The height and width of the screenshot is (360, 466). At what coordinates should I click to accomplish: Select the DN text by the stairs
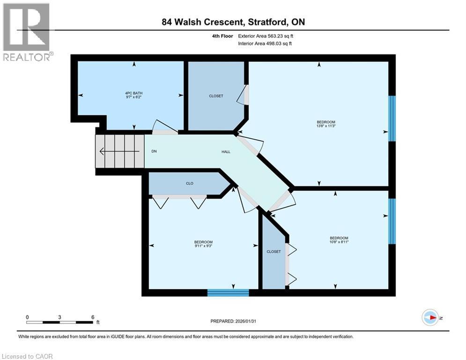click(154, 151)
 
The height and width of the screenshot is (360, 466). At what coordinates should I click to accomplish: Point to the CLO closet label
click(189, 183)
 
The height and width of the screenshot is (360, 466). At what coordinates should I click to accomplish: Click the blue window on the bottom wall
click(228, 292)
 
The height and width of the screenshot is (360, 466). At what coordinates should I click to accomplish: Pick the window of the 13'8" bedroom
click(392, 118)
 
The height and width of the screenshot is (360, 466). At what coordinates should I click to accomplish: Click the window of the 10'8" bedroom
click(392, 221)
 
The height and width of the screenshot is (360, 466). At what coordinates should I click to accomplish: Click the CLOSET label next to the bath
click(216, 96)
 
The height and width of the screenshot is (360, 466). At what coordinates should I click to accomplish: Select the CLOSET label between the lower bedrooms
click(274, 252)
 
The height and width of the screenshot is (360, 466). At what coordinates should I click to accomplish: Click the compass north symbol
click(430, 317)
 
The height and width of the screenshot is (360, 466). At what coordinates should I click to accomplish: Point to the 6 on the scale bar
click(92, 317)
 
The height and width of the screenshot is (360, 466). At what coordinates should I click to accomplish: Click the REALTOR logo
click(27, 32)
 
